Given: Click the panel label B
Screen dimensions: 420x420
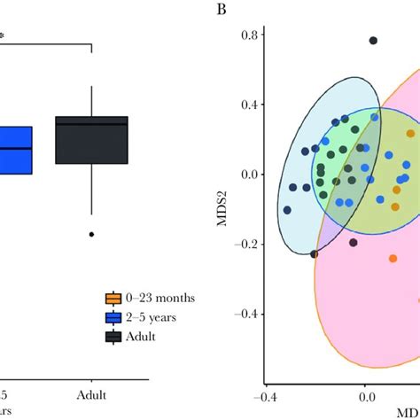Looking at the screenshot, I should point(219,11).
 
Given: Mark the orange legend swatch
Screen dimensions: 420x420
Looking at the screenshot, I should point(113,298).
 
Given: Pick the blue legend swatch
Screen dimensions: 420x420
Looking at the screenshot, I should point(113,317).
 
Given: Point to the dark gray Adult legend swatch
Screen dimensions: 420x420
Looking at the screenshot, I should point(113,337).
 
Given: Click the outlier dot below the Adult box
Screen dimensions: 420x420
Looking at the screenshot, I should point(91,234).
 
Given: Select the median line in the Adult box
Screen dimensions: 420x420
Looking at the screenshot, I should point(91,124).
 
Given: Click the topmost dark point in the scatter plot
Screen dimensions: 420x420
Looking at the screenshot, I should point(373,41).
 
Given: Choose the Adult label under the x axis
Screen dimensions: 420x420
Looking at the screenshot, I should point(91,392).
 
